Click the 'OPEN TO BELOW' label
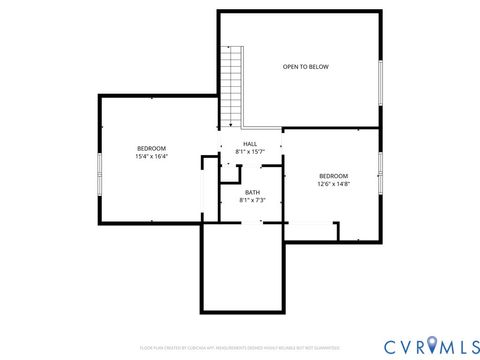tap(305, 67)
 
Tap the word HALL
tap(250, 144)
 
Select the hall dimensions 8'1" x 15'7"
tap(250, 152)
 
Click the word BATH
tap(252, 192)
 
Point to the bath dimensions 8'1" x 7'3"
tap(252, 200)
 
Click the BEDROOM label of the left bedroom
tap(151, 148)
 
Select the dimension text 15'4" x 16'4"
tap(151, 156)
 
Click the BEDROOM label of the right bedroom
tap(333, 176)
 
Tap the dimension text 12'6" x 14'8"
tap(333, 184)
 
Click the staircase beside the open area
tap(232, 85)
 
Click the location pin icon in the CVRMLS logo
tap(433, 344)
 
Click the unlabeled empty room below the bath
tap(244, 265)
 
